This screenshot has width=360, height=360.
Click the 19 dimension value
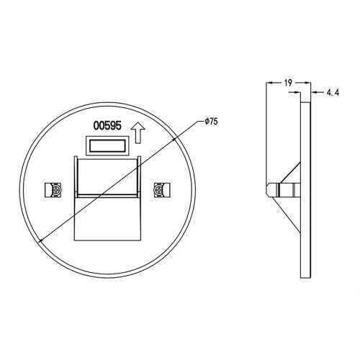pyautogui.click(x=287, y=84)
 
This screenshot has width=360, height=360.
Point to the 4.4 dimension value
pyautogui.click(x=333, y=93)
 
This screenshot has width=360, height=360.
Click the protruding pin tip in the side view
pyautogui.click(x=269, y=188)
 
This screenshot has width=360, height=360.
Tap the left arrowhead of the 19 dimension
pyautogui.click(x=269, y=84)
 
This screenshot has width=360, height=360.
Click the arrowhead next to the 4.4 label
pyautogui.click(x=315, y=93)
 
